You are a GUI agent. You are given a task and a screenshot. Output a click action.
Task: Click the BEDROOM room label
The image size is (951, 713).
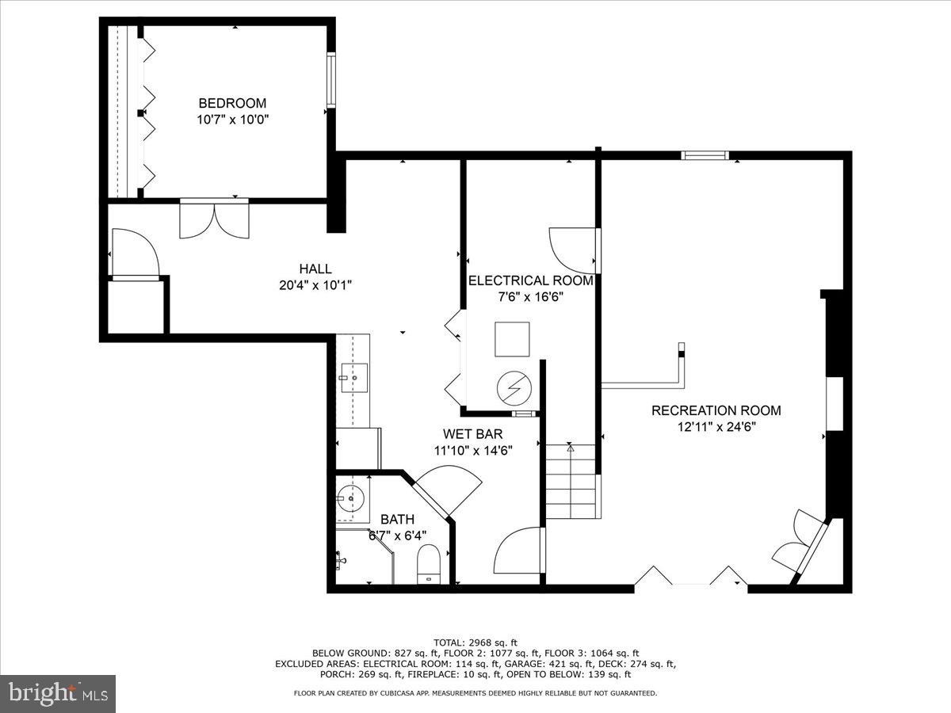(232, 103)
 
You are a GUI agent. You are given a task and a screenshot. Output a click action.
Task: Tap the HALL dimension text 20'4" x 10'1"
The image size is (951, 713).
(315, 285)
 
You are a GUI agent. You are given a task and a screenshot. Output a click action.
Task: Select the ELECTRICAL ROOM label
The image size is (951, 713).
(530, 280)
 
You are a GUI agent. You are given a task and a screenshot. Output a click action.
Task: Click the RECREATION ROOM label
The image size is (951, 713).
(716, 410)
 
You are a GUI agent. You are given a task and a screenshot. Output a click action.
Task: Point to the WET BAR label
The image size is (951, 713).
(472, 434)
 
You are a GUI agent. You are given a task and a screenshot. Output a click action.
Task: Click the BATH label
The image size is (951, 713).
(397, 520)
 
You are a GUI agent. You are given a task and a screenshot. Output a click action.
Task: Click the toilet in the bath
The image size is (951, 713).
(429, 562)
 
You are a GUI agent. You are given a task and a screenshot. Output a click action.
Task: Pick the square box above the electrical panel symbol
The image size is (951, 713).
(511, 340)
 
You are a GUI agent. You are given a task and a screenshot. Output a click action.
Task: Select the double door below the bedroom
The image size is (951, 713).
(214, 218)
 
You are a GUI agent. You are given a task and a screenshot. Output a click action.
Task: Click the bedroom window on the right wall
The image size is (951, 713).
(331, 79)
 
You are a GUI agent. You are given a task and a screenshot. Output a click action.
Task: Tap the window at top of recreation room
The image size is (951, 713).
(705, 155)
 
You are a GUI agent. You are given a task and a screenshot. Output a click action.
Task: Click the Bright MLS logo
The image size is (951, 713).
(58, 694)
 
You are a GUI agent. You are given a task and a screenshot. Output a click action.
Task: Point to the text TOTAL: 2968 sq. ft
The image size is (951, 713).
(475, 642)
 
